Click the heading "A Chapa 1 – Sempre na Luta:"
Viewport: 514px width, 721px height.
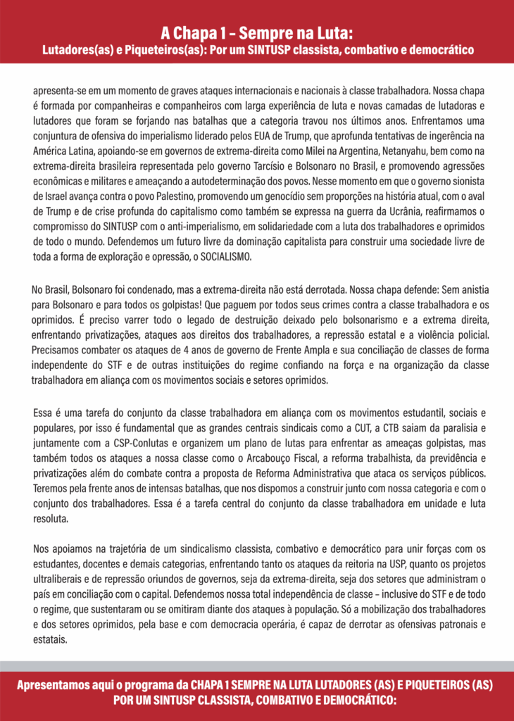(256, 32)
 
